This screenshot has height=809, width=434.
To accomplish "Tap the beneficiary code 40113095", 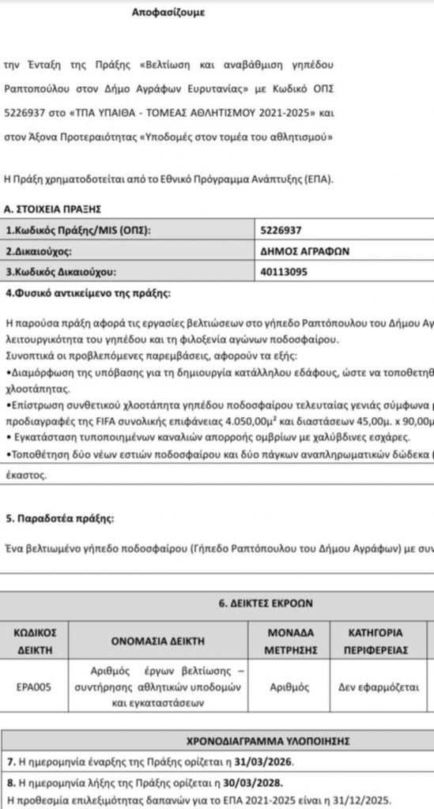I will click(x=284, y=273).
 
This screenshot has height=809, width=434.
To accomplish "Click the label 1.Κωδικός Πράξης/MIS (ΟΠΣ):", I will click(x=77, y=231).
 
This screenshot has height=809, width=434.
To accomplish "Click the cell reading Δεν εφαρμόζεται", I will click(x=376, y=687).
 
